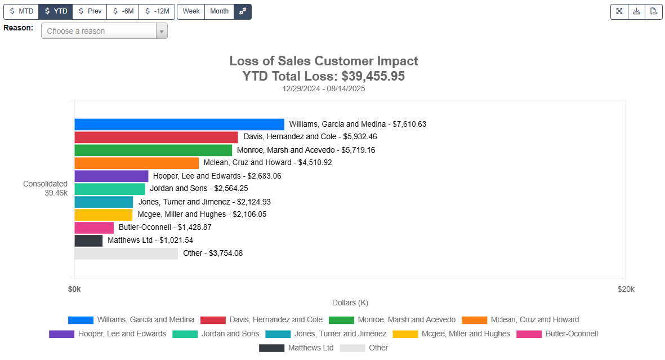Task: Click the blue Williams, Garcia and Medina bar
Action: click(x=179, y=124)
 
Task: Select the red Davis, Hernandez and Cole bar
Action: click(x=156, y=137)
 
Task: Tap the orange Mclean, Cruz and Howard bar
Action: click(x=136, y=163)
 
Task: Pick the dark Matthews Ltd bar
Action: click(x=88, y=241)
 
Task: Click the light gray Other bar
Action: click(x=126, y=254)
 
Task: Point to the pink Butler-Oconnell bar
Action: click(x=94, y=228)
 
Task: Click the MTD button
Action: click(x=21, y=11)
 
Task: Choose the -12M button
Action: click(x=157, y=11)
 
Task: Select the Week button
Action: click(x=191, y=11)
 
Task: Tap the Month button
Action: click(x=219, y=11)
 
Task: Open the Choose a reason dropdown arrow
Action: click(x=162, y=32)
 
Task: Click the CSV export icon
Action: click(x=653, y=11)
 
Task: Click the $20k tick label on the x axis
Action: click(x=626, y=289)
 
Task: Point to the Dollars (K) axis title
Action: click(x=350, y=303)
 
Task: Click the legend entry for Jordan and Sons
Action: click(x=216, y=334)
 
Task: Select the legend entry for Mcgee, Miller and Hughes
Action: click(x=451, y=334)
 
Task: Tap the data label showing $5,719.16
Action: click(x=306, y=150)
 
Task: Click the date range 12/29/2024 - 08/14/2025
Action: click(x=324, y=88)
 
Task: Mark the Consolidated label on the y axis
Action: click(x=45, y=184)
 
